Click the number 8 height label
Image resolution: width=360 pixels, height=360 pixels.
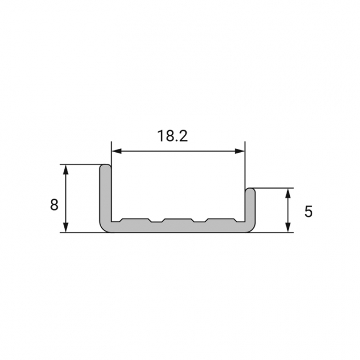pyautogui.click(x=54, y=205)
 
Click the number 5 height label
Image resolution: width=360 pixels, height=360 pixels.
pyautogui.click(x=309, y=212)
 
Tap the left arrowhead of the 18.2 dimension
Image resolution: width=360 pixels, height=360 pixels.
pyautogui.click(x=116, y=151)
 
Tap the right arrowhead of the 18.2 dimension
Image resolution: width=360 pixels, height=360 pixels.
pyautogui.click(x=240, y=151)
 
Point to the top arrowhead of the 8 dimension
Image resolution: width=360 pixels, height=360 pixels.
pyautogui.click(x=66, y=169)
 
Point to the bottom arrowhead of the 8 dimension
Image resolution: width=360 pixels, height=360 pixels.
pyautogui.click(x=66, y=227)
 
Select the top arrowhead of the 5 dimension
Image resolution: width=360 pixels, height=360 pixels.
pyautogui.click(x=288, y=193)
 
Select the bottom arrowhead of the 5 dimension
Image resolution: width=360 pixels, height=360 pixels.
pyautogui.click(x=288, y=227)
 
